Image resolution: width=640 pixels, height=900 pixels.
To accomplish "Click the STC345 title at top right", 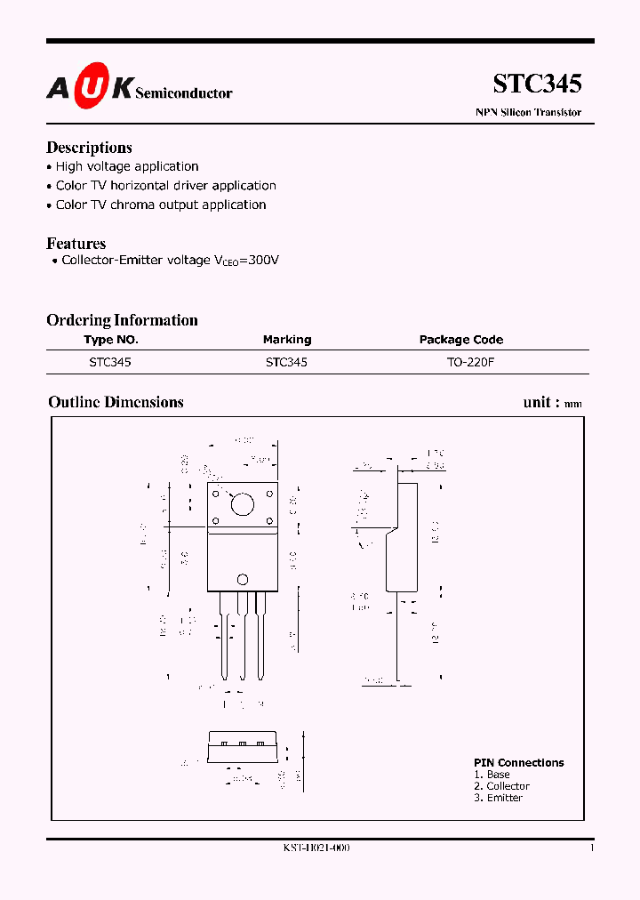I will click(537, 84).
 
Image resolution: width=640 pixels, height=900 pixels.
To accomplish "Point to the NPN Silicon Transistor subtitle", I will click(528, 113).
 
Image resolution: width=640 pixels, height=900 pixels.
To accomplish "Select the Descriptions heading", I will click(89, 148).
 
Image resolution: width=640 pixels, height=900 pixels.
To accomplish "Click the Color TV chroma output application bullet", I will click(161, 205).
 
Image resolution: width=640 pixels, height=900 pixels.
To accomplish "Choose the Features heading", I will click(76, 244).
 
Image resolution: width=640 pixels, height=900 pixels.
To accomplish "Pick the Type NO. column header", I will click(111, 340).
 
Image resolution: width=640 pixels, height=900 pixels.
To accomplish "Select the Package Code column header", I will click(460, 340).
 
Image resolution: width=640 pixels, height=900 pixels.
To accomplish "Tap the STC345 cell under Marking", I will click(286, 363).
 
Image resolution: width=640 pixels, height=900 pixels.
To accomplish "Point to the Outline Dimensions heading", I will click(116, 402).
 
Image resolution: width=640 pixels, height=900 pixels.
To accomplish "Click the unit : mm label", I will click(552, 403).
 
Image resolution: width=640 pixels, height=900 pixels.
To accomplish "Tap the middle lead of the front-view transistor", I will click(241, 636).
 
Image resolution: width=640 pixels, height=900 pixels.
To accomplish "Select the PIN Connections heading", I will click(518, 763).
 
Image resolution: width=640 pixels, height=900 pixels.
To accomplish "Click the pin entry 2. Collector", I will click(501, 786).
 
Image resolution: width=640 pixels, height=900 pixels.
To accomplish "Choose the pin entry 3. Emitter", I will click(498, 798).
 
